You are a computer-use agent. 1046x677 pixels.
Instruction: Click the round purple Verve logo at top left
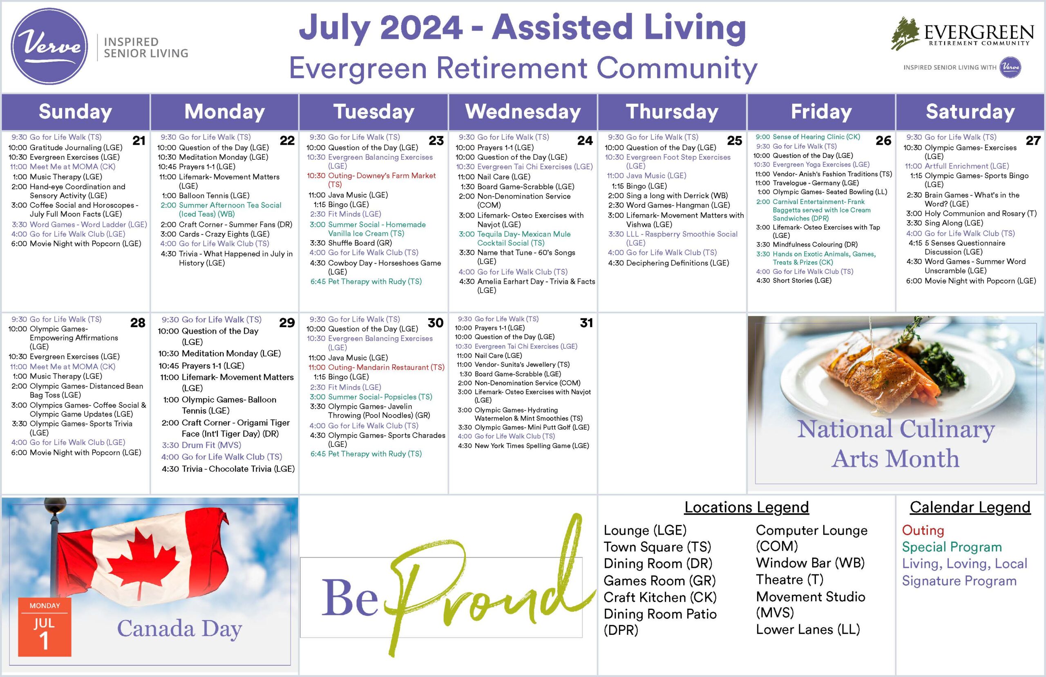point(49,46)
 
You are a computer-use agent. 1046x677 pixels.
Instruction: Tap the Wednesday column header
point(523,112)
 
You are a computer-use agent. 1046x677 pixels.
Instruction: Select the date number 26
point(883,141)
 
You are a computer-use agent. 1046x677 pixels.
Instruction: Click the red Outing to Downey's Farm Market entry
point(371,180)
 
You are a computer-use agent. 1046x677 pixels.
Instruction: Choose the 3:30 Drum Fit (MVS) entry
point(201,445)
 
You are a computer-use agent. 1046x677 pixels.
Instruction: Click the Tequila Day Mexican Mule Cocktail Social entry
point(514,238)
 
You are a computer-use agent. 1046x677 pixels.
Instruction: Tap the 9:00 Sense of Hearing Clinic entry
point(807,137)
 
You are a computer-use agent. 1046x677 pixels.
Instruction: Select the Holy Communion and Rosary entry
point(971,214)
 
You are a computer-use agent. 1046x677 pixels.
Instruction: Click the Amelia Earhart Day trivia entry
point(527,286)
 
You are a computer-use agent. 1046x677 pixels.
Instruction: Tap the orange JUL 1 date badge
point(45,627)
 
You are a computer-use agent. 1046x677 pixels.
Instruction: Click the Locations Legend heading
point(747,507)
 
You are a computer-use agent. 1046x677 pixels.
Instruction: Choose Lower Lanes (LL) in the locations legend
point(808,630)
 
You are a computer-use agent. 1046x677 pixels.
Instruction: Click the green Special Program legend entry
point(952,547)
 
